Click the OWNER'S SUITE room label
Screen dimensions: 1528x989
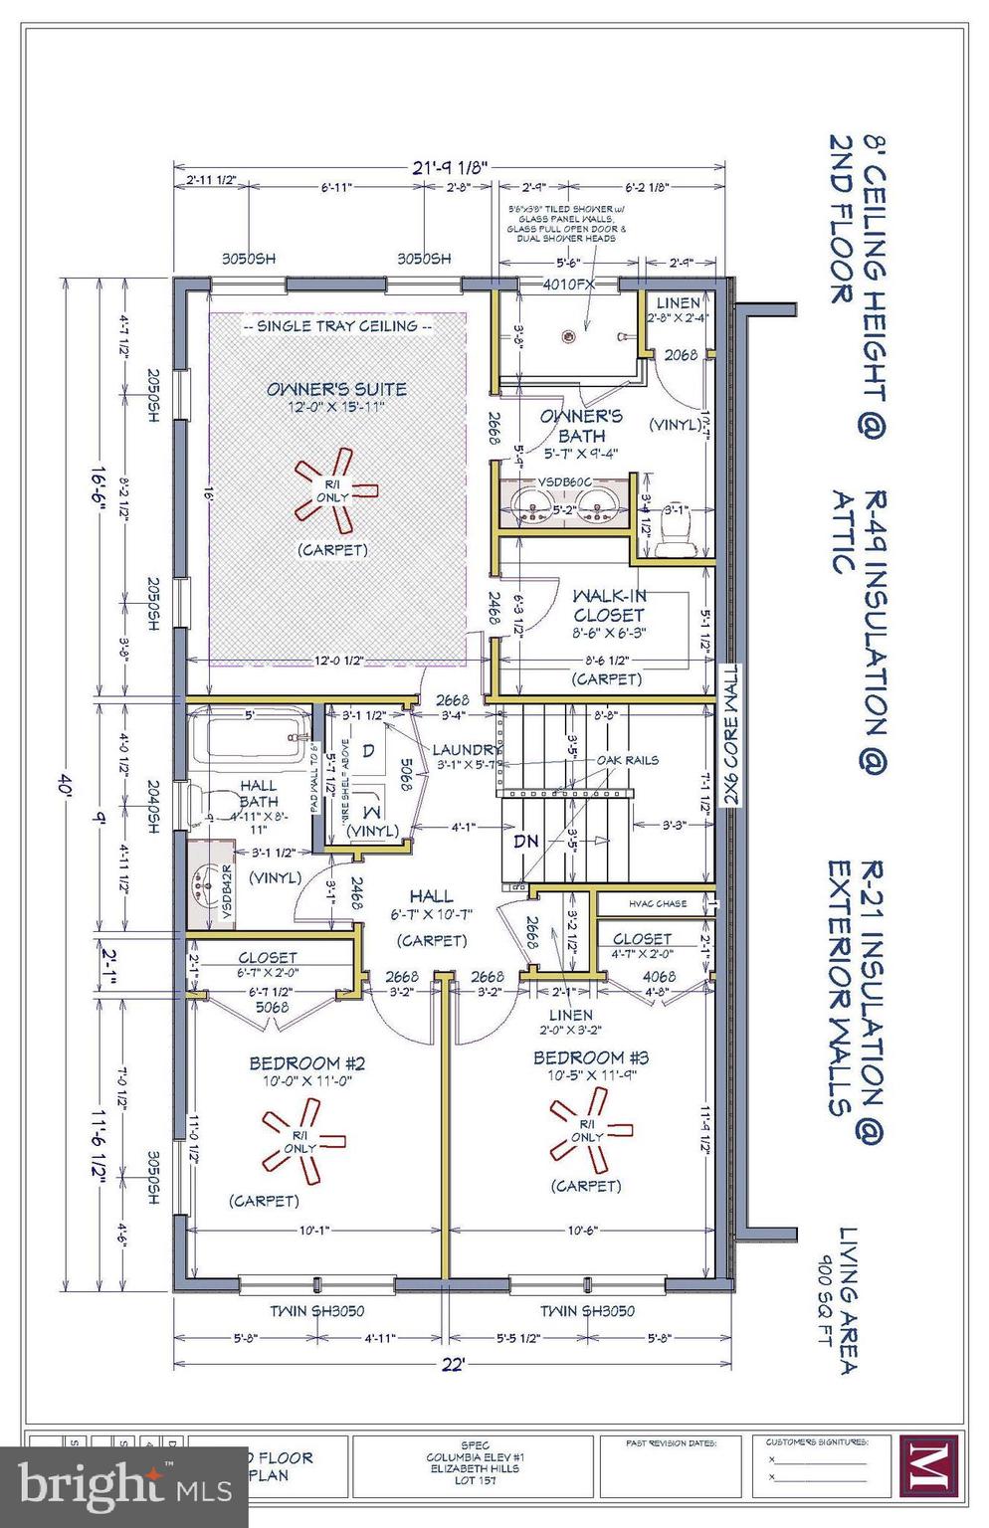(x=336, y=389)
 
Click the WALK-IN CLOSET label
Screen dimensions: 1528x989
(x=609, y=605)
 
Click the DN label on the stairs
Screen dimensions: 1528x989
(x=525, y=841)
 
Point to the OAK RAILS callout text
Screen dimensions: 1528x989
(x=628, y=760)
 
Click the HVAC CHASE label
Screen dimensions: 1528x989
(x=657, y=903)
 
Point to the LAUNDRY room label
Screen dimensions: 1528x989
(x=467, y=749)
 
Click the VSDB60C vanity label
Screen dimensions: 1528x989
(x=564, y=480)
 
